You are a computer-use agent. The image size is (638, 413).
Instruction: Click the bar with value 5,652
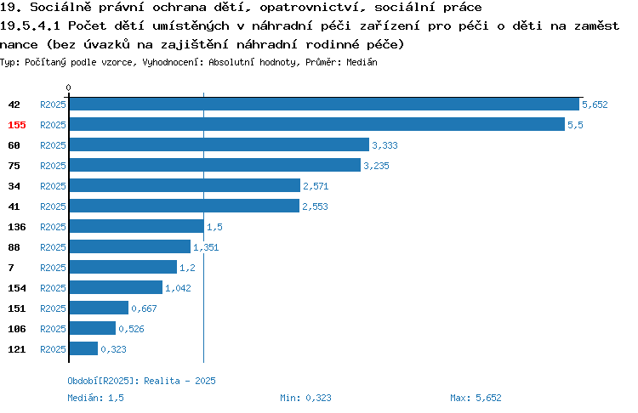point(324,104)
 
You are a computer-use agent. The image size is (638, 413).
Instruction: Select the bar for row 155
point(317,124)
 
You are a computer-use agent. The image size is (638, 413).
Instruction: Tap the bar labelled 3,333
point(219,144)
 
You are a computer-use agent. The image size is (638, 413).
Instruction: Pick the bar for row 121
point(84,348)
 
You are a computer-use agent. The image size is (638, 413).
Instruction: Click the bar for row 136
point(137,226)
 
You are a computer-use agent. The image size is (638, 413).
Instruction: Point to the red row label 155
point(17,125)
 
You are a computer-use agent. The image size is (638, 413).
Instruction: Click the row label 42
point(14,105)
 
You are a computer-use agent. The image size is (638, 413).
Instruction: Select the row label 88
point(14,247)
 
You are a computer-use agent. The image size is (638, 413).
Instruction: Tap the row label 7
point(11,268)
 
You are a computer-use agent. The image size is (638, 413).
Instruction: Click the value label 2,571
point(316,186)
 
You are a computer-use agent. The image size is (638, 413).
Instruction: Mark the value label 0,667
point(144,308)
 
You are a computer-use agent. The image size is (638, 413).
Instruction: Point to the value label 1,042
point(178,288)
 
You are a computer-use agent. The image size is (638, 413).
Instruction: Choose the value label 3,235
point(376,166)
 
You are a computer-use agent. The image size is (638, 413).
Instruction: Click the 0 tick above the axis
point(68,88)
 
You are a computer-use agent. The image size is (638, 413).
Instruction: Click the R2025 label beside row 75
point(53,166)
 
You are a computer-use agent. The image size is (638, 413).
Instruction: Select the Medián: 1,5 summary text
point(95,398)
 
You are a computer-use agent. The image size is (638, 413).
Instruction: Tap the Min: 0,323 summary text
point(305,398)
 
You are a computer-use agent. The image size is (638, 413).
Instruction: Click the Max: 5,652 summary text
point(476,398)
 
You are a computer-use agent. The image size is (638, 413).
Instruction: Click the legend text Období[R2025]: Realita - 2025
point(141,381)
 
